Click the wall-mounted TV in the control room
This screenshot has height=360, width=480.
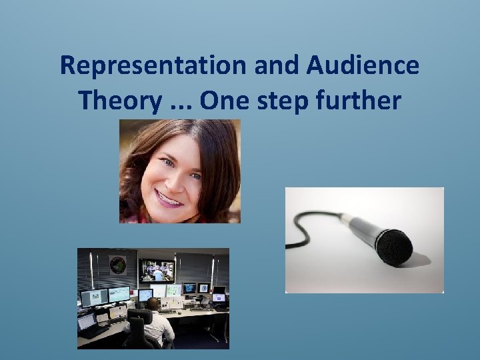pyautogui.click(x=157, y=270)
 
